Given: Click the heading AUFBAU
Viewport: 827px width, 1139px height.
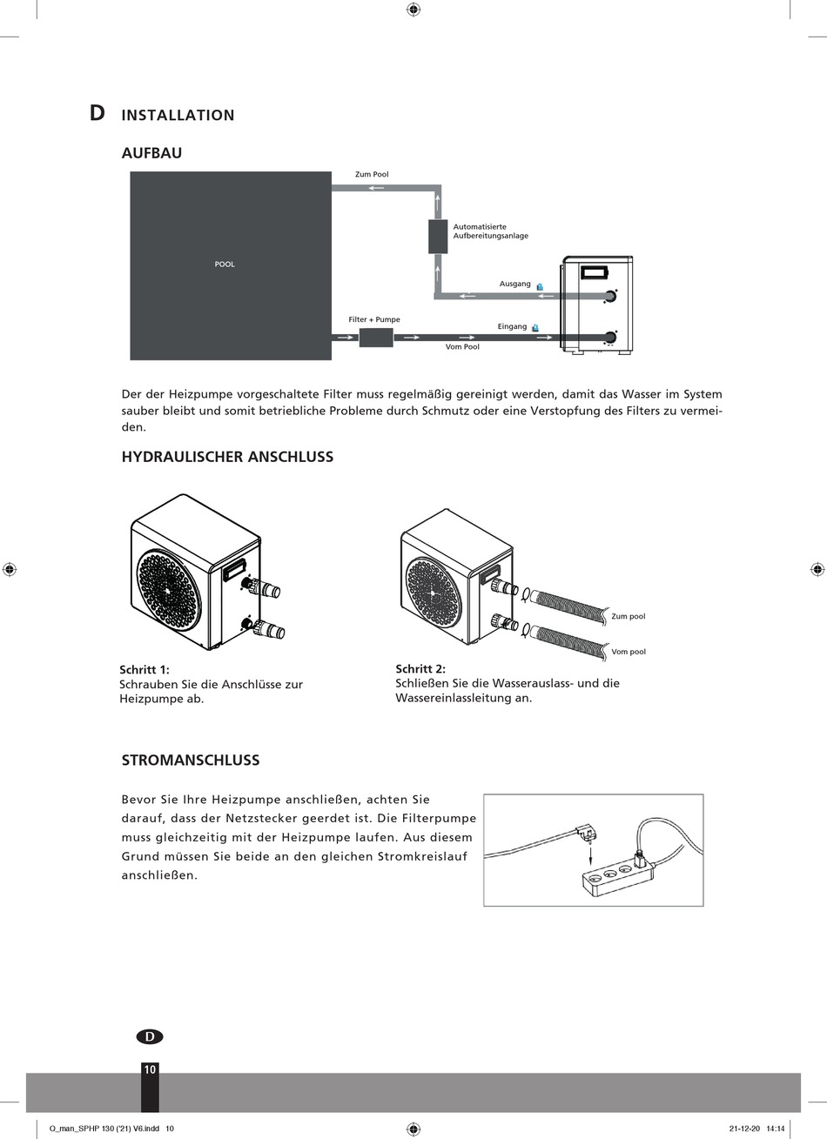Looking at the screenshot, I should [151, 153].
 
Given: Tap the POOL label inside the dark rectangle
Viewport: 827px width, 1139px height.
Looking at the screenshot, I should [225, 265].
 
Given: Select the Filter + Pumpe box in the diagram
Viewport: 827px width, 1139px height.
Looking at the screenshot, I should [376, 337].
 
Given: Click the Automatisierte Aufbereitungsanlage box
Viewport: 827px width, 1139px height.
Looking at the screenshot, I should [438, 236].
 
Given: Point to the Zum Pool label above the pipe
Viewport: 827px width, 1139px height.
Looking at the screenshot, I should [372, 175].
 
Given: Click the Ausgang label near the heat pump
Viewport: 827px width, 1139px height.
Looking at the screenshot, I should [514, 284].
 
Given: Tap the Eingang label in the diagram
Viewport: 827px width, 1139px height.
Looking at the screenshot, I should [512, 326].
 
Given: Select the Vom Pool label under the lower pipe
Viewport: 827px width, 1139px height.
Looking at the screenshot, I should [462, 347].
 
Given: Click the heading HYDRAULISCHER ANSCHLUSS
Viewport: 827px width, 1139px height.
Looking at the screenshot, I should [227, 457].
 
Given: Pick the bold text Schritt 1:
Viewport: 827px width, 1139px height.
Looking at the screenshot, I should [145, 669].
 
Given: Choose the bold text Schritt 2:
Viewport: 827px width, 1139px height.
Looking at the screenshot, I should [420, 668].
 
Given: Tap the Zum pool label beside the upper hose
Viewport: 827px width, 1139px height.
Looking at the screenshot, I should [629, 617].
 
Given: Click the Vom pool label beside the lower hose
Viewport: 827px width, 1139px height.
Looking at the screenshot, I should [629, 652].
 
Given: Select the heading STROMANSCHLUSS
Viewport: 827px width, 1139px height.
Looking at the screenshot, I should [191, 760].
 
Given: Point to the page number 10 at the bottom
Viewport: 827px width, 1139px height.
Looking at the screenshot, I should [150, 1069].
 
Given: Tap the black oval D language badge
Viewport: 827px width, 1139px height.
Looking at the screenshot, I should [150, 1036].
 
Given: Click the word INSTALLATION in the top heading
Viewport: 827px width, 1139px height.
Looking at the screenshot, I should [178, 115].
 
